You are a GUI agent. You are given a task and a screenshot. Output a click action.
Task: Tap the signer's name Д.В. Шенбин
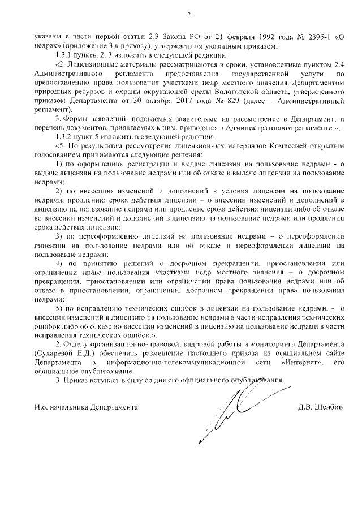[x=320, y=407]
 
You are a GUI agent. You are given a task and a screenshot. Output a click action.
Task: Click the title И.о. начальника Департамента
[x=85, y=407]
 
